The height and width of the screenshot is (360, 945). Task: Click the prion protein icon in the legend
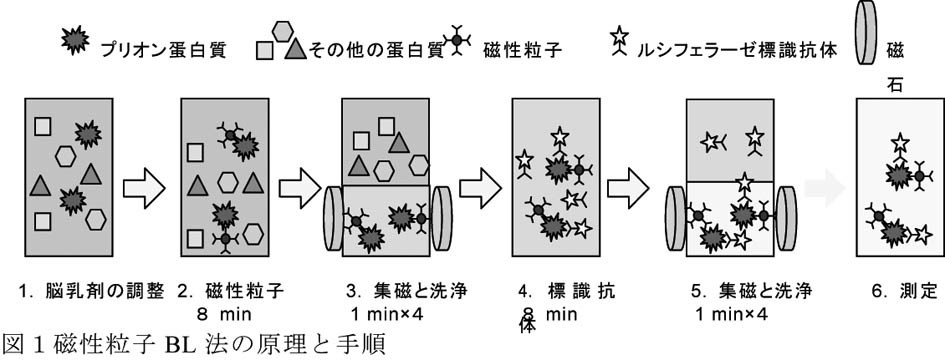click(75, 41)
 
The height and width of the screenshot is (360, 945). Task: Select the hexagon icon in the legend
click(282, 31)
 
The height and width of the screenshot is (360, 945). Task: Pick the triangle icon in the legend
click(295, 49)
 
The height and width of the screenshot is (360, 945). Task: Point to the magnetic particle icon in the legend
click(457, 39)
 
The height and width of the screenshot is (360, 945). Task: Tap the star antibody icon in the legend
click(619, 42)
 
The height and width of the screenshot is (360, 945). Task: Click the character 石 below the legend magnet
click(895, 85)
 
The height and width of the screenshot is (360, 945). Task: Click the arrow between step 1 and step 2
click(144, 187)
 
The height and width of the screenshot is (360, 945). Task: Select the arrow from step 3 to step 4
click(480, 187)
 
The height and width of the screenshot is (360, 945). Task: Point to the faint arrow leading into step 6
click(825, 187)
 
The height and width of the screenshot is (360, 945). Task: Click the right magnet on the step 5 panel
click(786, 218)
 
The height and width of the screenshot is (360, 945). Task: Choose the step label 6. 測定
click(904, 292)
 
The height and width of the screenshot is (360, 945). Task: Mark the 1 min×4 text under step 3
click(388, 314)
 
